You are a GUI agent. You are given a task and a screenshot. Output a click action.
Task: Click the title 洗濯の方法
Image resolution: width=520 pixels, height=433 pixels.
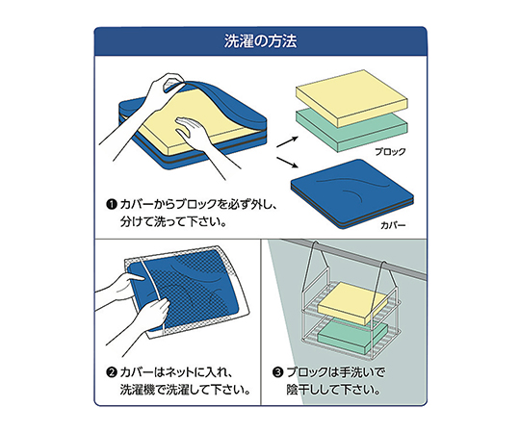pyautogui.click(x=260, y=41)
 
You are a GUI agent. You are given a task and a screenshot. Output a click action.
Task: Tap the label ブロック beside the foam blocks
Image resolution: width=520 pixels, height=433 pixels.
pyautogui.click(x=390, y=152)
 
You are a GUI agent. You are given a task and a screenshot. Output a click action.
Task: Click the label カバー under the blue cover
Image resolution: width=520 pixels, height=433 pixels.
pyautogui.click(x=393, y=225)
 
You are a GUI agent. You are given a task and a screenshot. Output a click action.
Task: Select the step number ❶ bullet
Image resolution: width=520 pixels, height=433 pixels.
pyautogui.click(x=112, y=204)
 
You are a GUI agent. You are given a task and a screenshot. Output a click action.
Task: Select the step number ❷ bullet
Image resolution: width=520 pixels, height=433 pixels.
pyautogui.click(x=112, y=373)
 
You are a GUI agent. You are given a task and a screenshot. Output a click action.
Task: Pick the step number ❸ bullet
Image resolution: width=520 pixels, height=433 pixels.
pyautogui.click(x=277, y=373)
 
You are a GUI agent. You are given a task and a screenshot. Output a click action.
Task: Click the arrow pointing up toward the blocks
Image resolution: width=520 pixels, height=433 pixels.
pyautogui.click(x=287, y=141)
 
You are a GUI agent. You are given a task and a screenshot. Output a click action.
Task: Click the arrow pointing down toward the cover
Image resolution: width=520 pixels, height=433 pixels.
pyautogui.click(x=287, y=163)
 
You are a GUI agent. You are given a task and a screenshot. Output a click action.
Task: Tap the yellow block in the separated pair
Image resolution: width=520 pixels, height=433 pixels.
pyautogui.click(x=352, y=97)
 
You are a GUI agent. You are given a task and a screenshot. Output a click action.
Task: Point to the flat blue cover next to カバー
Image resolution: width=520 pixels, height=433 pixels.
pyautogui.click(x=352, y=193)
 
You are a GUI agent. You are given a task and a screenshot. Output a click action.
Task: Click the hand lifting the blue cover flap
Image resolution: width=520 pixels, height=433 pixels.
pyautogui.click(x=152, y=99)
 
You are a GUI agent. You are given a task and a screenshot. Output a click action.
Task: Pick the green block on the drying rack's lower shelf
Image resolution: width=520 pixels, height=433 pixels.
pyautogui.click(x=352, y=338)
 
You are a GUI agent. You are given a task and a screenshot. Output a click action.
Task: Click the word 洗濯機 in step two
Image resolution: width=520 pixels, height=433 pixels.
pyautogui.click(x=138, y=390)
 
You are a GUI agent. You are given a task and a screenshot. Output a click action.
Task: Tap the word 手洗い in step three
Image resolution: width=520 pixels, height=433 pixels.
pyautogui.click(x=356, y=372)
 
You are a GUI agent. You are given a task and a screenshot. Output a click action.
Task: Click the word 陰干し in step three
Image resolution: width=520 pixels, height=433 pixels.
pyautogui.click(x=303, y=390)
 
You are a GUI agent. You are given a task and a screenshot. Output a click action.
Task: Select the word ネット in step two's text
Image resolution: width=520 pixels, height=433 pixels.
pyautogui.click(x=178, y=372)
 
